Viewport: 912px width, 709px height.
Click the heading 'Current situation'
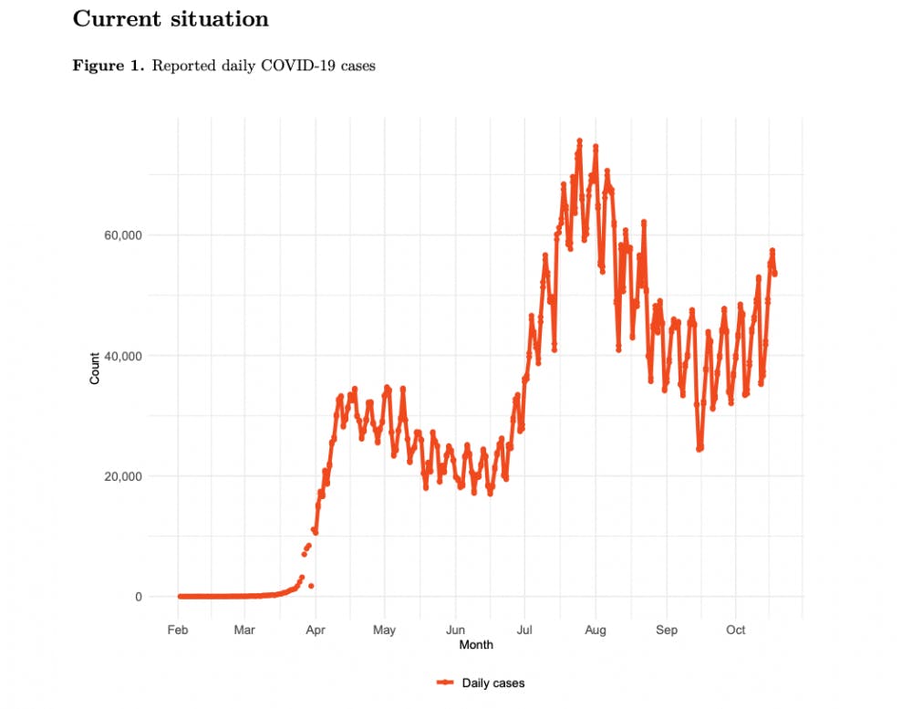(x=171, y=18)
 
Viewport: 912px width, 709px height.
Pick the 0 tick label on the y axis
(x=140, y=597)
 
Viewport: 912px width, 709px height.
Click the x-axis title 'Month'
(x=476, y=645)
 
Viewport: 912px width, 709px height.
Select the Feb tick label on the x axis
(x=179, y=631)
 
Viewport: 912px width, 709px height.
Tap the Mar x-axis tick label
(x=244, y=631)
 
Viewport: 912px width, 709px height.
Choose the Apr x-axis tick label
(x=316, y=631)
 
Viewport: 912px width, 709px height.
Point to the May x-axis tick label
(x=384, y=631)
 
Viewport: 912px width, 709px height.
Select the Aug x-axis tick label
(x=595, y=631)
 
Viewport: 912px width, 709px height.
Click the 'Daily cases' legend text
(x=493, y=683)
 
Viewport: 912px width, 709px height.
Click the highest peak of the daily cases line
(x=579, y=141)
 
